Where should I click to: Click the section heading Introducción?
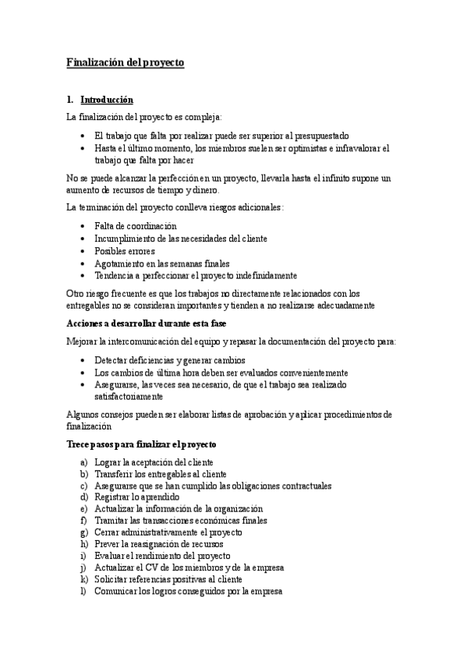click(107, 100)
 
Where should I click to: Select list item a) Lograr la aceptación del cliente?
click(154, 462)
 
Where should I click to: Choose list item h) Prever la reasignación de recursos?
click(158, 543)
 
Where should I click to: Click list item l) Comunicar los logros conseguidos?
click(187, 591)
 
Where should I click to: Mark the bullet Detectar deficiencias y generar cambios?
click(170, 360)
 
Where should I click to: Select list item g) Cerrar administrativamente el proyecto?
click(168, 532)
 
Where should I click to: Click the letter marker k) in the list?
click(83, 579)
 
